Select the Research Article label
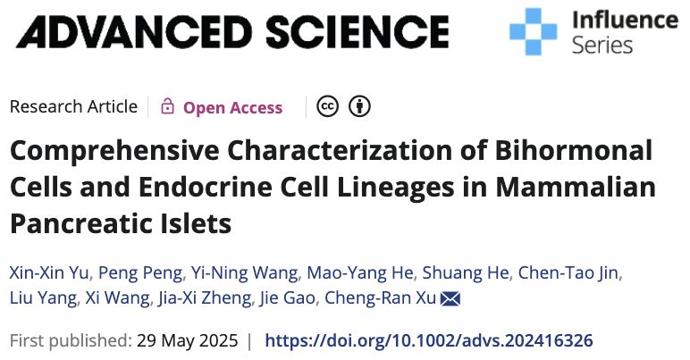point(73,107)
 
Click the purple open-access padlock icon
point(167,107)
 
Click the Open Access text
point(232,108)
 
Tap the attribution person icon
point(359,107)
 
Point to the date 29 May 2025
point(188,340)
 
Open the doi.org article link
point(429,340)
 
